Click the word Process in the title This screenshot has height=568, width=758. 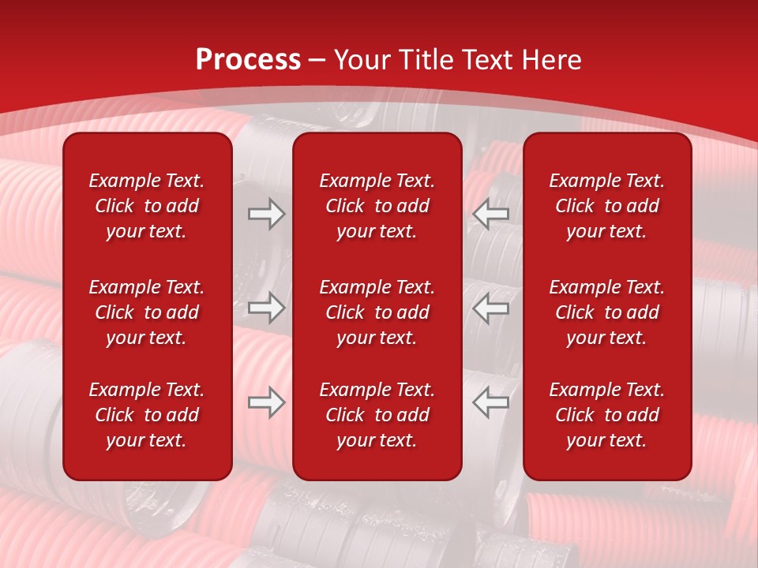click(248, 60)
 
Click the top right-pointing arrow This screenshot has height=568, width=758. click(267, 214)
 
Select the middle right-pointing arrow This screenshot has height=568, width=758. click(267, 308)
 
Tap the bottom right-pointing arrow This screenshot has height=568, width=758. click(267, 403)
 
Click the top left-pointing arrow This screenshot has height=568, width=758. click(490, 214)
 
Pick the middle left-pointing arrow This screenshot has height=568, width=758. click(490, 308)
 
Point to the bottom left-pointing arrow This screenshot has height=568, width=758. click(490, 403)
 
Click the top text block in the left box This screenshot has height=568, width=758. click(147, 206)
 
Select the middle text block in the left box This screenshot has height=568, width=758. click(147, 312)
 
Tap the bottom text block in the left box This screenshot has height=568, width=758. click(147, 415)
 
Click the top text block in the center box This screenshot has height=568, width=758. click(377, 206)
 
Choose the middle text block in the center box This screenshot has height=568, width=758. click(377, 312)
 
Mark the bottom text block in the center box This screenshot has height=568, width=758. click(377, 415)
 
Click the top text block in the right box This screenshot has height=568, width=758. click(607, 206)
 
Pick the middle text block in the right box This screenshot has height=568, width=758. click(607, 312)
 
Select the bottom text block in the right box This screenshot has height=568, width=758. click(607, 415)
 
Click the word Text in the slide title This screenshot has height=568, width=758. click(485, 60)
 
